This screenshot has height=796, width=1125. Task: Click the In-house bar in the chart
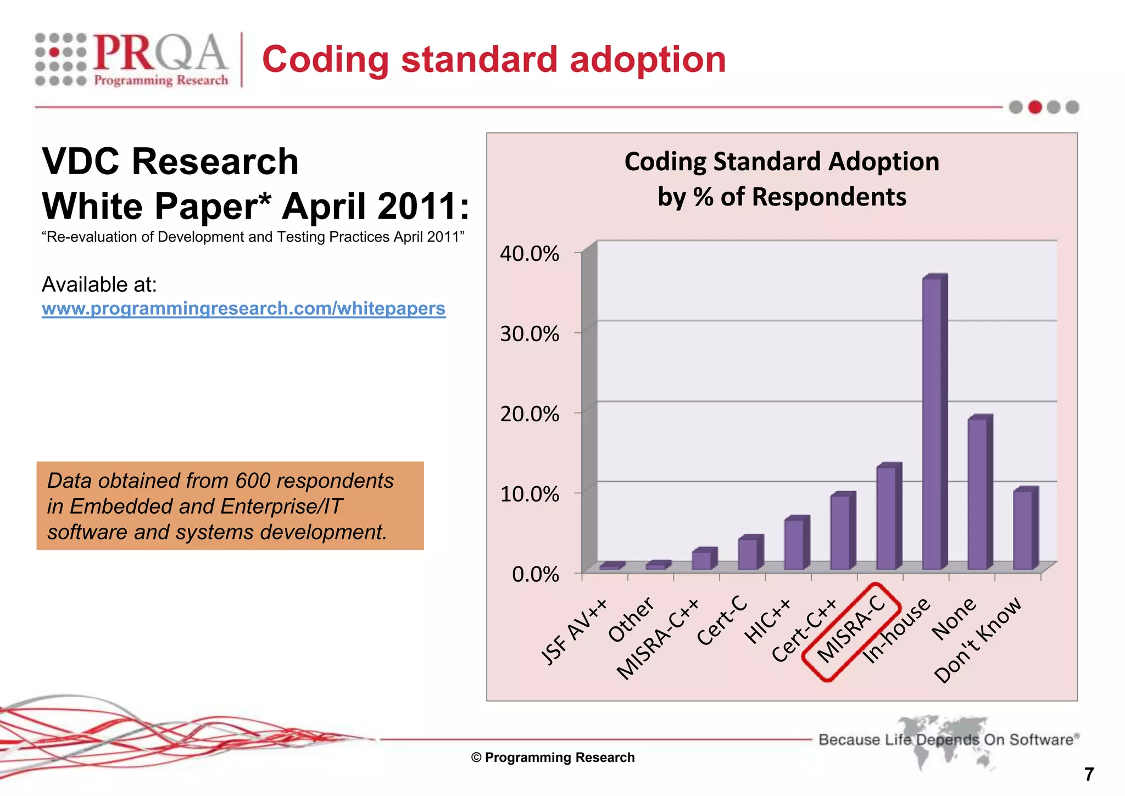933,423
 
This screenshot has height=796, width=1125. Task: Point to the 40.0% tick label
529,254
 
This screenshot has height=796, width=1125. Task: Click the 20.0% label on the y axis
529,414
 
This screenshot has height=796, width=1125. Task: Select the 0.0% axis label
535,575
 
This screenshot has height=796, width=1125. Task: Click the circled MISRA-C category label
851,632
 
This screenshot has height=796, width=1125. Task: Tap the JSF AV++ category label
573,632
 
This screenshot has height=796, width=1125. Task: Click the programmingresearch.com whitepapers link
243,309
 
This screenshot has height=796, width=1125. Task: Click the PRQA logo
132,59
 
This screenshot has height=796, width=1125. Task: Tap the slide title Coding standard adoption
493,59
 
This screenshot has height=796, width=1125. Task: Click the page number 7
1089,774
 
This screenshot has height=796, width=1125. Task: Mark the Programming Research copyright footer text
553,758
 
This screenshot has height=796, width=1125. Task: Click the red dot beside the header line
1035,107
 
